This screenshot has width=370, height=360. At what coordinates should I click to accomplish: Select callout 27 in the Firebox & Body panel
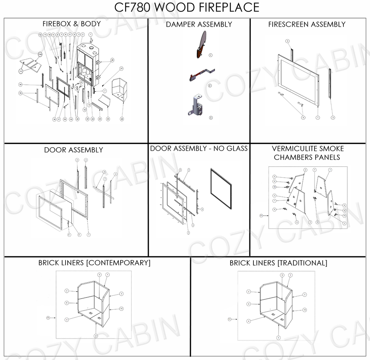(121, 69)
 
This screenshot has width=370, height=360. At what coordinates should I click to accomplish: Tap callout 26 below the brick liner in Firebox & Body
(122, 119)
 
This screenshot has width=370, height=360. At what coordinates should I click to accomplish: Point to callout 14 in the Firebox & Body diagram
(20, 84)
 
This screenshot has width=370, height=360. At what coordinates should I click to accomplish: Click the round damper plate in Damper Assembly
(202, 43)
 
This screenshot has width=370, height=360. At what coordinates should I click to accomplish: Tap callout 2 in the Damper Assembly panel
(210, 85)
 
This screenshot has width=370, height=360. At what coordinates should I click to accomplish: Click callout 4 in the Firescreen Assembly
(303, 117)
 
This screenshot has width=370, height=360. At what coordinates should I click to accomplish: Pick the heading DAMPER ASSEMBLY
(199, 24)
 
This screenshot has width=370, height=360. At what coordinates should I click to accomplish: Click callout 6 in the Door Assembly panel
(69, 235)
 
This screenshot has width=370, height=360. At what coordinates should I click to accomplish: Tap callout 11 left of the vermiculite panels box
(261, 215)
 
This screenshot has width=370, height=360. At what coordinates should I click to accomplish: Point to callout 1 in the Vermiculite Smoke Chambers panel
(330, 170)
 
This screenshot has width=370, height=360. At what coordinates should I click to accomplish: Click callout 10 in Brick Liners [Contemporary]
(121, 308)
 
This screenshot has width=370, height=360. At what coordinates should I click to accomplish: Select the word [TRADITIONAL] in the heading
(302, 263)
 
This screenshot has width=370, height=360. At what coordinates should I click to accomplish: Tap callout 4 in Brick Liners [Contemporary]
(67, 319)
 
